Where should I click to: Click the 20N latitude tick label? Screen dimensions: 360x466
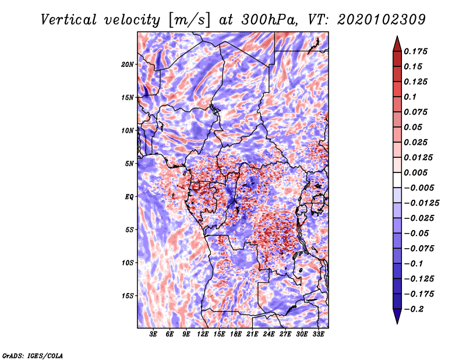(128, 64)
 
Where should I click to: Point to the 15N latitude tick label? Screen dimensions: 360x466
(128, 97)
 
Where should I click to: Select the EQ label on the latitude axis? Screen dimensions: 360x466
(129, 197)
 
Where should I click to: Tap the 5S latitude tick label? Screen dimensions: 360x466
(129, 230)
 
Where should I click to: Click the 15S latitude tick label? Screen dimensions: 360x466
(128, 296)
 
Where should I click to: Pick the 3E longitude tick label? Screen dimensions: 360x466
(154, 334)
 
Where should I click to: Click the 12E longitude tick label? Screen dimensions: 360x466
(203, 334)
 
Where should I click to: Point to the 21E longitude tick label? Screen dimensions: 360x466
(252, 334)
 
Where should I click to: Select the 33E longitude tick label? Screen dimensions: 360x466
(318, 334)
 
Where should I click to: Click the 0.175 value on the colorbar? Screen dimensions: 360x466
(418, 51)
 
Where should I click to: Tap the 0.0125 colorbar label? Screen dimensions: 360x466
(420, 157)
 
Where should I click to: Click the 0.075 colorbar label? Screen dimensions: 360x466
(418, 112)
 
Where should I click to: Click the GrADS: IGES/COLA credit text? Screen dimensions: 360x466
(32, 355)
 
